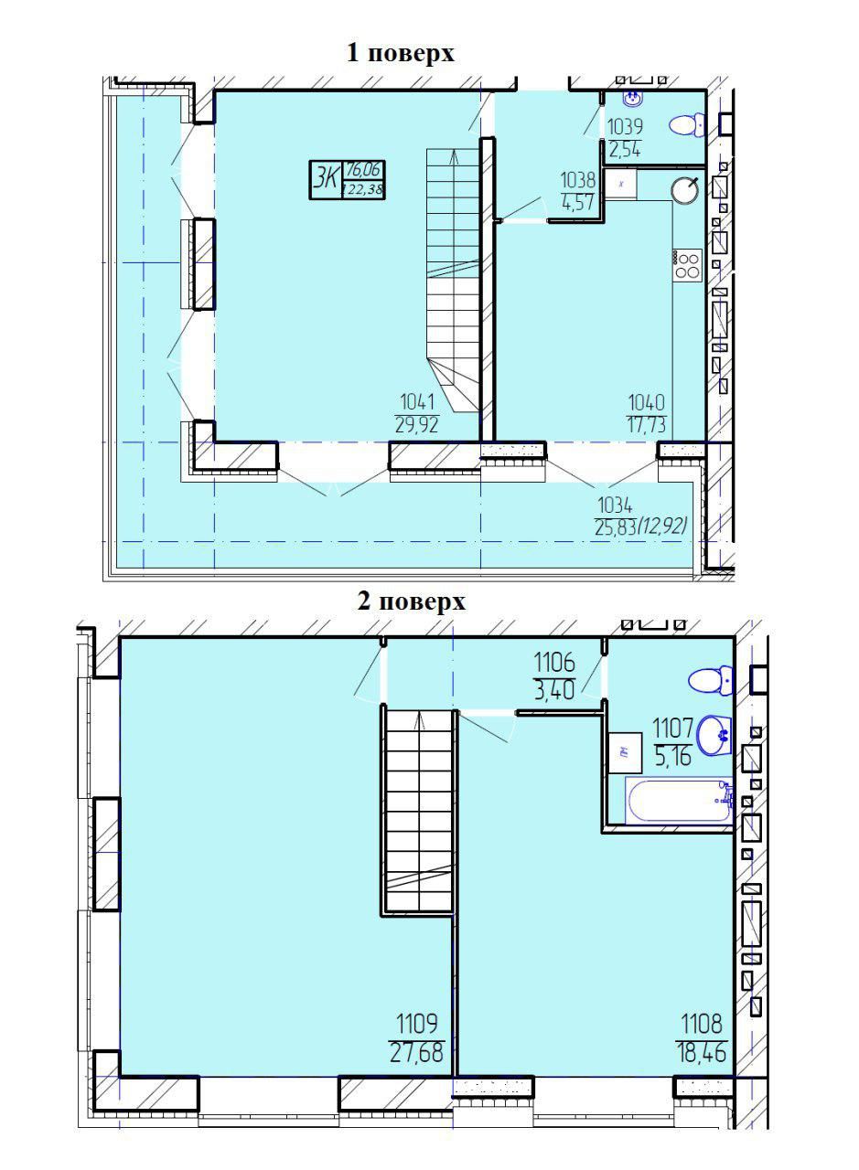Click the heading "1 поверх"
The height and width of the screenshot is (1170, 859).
[x=401, y=54]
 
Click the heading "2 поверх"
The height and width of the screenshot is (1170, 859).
[x=412, y=601]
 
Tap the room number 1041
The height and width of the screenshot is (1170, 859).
[x=417, y=403]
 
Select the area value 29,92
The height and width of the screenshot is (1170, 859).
[x=416, y=425]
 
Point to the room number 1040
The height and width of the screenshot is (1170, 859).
[x=646, y=403]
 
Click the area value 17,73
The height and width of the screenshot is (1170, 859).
[x=646, y=425]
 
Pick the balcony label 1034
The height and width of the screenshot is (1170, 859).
[x=615, y=505]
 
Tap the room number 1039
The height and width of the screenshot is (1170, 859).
[x=625, y=126]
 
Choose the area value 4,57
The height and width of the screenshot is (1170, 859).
[x=578, y=202]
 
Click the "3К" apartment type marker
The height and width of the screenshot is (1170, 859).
[x=325, y=180]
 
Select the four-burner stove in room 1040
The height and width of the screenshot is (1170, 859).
[x=688, y=265]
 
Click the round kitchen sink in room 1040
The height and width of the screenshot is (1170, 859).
[x=685, y=188]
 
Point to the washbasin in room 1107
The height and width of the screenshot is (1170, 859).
[x=715, y=735]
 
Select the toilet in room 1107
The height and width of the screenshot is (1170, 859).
[x=711, y=681]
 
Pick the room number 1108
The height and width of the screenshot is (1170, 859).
[x=702, y=1025]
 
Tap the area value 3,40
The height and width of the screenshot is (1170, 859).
[x=554, y=690]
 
